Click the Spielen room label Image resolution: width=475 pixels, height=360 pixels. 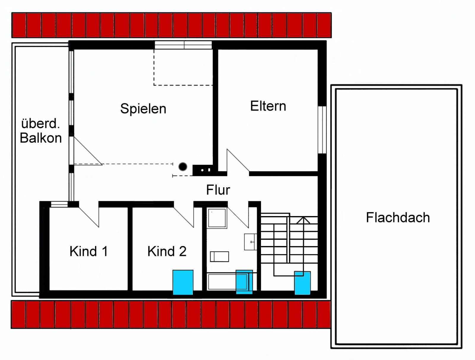coord(143,109)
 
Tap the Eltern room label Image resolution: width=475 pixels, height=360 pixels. coord(268,106)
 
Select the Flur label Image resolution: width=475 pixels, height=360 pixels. coord(218,190)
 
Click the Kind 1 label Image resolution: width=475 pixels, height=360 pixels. coord(88,251)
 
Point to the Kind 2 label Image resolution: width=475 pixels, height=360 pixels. coord(167,251)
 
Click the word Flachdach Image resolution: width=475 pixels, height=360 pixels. coord(398,218)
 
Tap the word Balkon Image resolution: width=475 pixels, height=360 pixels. coord(41,138)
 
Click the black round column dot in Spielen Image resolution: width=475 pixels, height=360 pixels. coord(183,167)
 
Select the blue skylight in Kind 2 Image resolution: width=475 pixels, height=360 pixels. coord(183,282)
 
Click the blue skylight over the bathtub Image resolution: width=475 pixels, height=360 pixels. coord(244,282)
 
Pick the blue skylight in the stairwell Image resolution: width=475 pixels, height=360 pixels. coord(302,283)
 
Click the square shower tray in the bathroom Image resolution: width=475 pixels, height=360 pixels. coord(217,218)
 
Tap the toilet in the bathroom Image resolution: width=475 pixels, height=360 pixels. coord(219,256)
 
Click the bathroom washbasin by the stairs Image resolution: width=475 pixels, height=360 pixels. coord(250,242)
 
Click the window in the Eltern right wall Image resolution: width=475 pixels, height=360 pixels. coord(322,130)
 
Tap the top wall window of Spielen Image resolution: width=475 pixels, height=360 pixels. coord(183,45)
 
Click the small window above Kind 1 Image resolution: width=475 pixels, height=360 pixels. coord(59,204)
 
